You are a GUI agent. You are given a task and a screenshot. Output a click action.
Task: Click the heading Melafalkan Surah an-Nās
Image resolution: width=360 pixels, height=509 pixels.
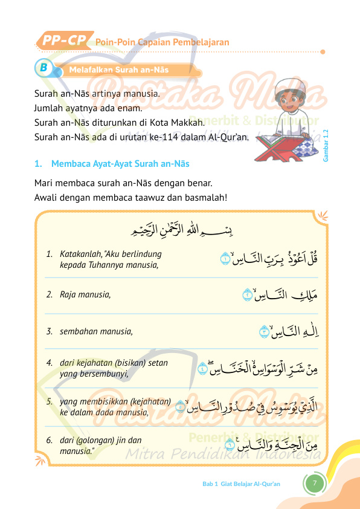coord(119,70)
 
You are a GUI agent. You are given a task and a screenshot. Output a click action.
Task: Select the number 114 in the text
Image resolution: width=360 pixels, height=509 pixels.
coord(169,137)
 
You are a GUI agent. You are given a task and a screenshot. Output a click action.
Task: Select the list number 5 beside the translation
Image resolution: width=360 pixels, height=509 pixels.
coord(49,401)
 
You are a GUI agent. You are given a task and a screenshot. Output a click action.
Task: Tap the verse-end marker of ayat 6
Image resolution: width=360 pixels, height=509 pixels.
coord(230,445)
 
